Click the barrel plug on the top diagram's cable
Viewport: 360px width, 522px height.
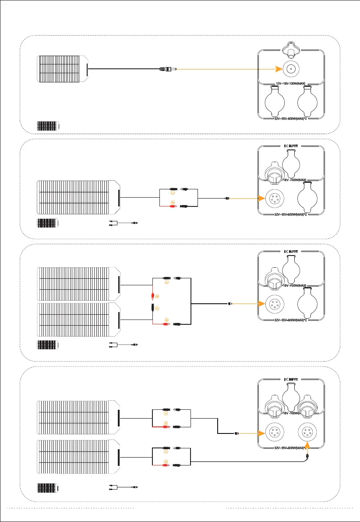[168, 68]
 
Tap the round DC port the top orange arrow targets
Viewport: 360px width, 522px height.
[290, 69]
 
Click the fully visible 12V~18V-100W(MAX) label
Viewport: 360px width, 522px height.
[291, 83]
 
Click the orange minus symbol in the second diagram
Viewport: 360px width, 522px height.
[172, 193]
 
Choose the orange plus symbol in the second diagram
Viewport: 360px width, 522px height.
[172, 202]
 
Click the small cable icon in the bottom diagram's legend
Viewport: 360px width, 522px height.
[124, 487]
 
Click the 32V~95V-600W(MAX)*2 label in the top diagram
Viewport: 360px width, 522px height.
[291, 117]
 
